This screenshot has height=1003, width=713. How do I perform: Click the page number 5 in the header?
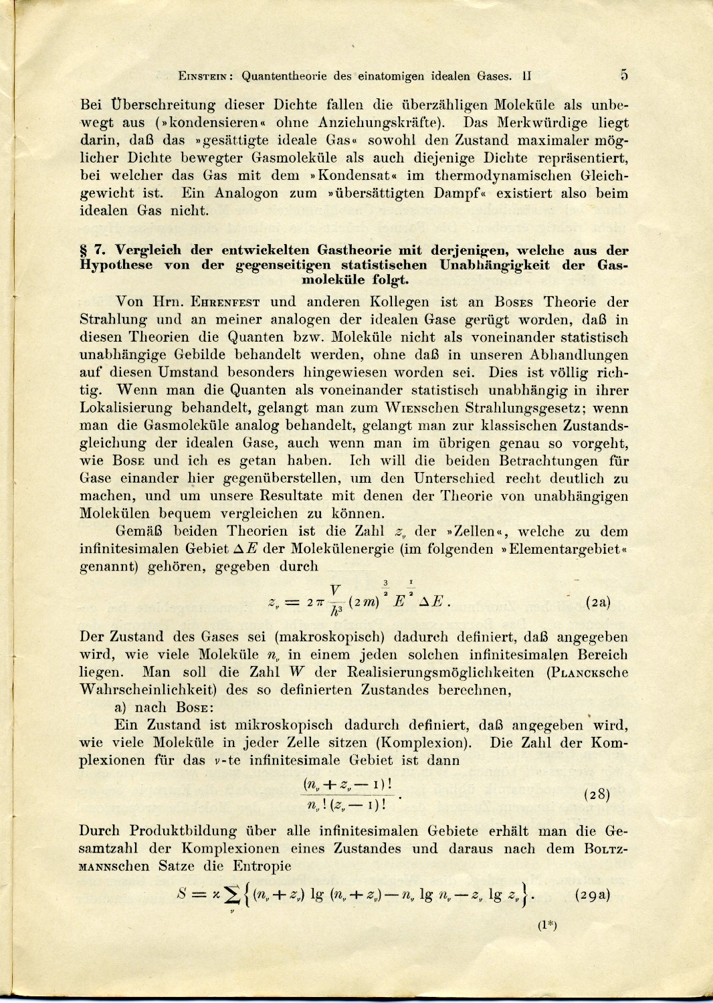tap(623, 74)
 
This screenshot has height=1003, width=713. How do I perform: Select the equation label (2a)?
tap(597, 601)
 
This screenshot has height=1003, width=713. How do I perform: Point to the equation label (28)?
tap(597, 794)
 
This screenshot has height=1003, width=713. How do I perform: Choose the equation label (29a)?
tap(592, 895)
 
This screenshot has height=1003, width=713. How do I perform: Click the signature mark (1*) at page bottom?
tap(547, 925)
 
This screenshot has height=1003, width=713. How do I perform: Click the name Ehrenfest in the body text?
tap(228, 302)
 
